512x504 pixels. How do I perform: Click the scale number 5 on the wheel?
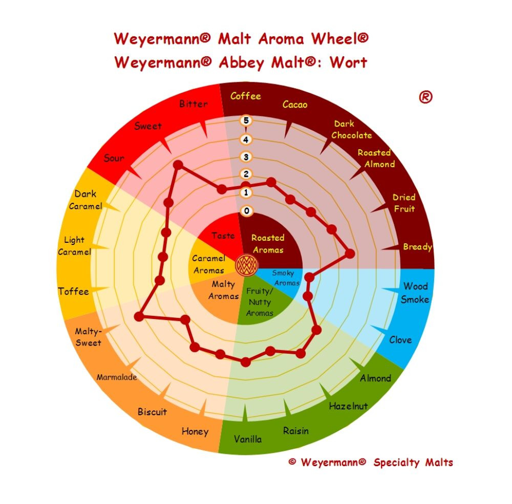[x=246, y=121]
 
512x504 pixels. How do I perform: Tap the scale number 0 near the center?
[x=247, y=211]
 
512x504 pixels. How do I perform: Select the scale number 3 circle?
[x=246, y=157]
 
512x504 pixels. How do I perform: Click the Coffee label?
[x=246, y=96]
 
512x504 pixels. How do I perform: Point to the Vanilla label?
[x=248, y=439]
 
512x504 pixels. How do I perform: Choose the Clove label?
[x=400, y=340]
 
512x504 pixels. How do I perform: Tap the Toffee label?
[x=73, y=291]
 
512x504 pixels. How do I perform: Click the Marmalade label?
[x=117, y=377]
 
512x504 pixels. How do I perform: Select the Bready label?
[x=418, y=247]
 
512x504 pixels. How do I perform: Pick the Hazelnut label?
[x=348, y=406]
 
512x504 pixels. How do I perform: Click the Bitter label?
[x=194, y=104]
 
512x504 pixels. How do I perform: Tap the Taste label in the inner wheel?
[x=223, y=235]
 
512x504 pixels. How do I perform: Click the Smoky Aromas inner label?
[x=286, y=278]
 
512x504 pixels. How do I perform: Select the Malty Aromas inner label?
[x=224, y=290]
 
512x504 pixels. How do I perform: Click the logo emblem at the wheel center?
[x=247, y=265]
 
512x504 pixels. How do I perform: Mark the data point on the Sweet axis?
[x=178, y=165]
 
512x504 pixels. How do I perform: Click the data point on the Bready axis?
[x=350, y=254]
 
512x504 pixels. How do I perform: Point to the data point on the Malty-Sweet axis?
[x=139, y=316]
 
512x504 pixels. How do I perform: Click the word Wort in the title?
[x=348, y=62]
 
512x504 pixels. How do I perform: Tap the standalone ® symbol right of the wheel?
[x=425, y=97]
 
